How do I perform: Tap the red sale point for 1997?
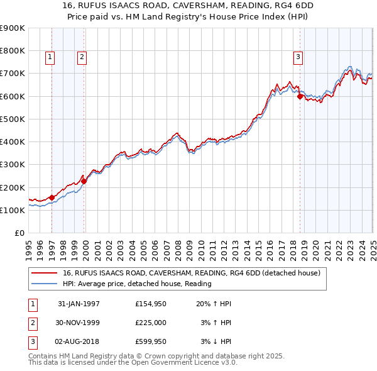[x=52, y=197]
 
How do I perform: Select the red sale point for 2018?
[x=300, y=96]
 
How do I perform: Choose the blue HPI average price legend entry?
[x=137, y=284]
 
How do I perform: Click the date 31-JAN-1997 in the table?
[x=79, y=304]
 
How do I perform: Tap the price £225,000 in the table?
[x=151, y=323]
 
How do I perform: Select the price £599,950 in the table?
[x=151, y=342]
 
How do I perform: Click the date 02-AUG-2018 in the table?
[x=79, y=342]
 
